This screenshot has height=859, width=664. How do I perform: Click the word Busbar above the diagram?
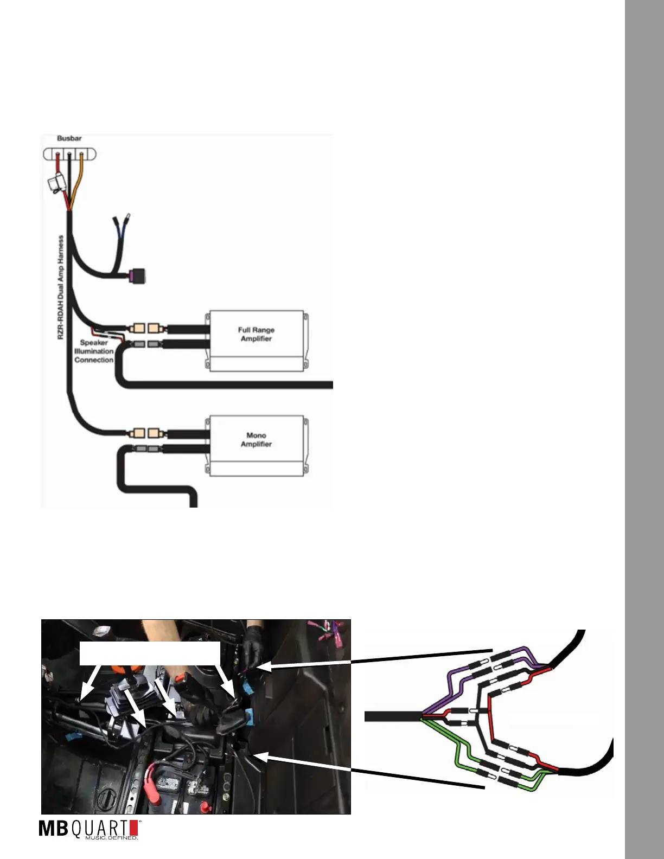click(69, 138)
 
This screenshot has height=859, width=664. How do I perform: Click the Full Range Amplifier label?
click(256, 334)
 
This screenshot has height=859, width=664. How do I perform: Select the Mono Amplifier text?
click(256, 439)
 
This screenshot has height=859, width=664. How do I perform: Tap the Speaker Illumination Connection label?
click(94, 351)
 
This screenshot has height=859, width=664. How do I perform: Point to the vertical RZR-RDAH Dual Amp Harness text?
click(61, 287)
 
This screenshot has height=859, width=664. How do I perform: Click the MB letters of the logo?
click(53, 829)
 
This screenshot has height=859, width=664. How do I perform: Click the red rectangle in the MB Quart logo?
click(134, 828)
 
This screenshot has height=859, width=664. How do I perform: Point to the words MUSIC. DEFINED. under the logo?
click(112, 838)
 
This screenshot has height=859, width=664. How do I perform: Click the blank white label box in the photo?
click(150, 653)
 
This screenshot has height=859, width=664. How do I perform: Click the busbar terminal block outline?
click(69, 155)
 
